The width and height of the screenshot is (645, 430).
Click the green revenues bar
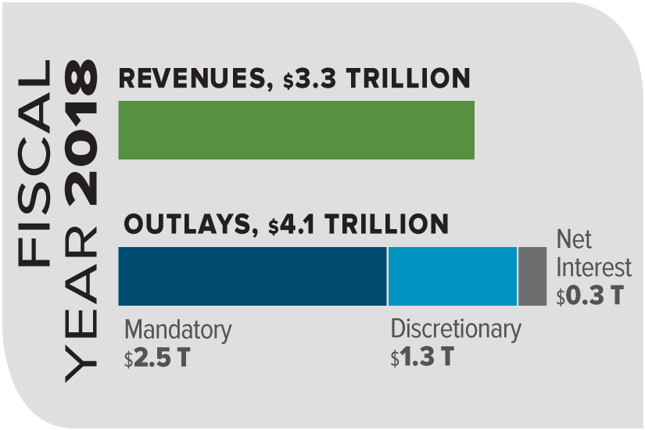pos(296,130)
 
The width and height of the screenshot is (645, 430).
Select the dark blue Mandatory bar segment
pos(252,276)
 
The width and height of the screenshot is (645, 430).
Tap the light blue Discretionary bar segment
pos(452,276)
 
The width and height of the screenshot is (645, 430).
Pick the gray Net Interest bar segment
pos(532,276)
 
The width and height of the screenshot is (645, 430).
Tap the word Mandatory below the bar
pos(177,331)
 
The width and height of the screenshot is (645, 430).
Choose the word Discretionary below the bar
pos(455,329)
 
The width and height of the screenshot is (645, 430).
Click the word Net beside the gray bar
pos(573,240)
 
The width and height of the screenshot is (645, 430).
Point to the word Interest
pos(593,267)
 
